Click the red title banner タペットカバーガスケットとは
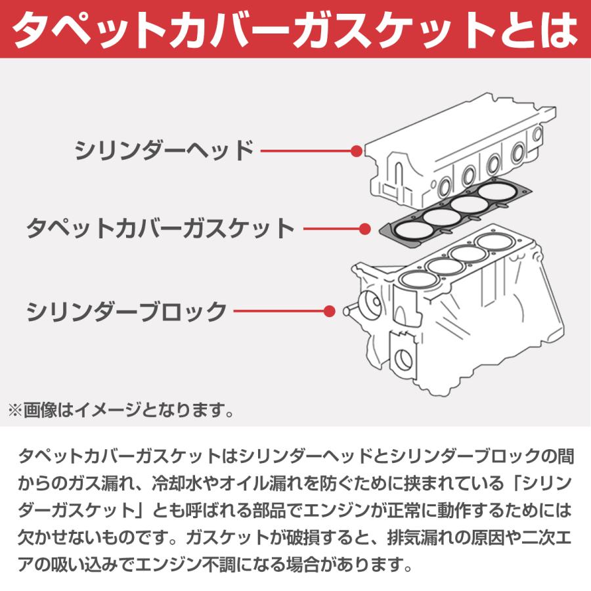pos(295,29)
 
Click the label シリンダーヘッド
pos(164,150)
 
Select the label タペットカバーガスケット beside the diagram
pos(160,229)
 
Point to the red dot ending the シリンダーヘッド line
pos(356,150)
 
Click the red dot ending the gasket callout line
pos(366,229)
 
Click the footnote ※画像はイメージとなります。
pos(121,412)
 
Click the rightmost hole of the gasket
pos(497,191)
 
